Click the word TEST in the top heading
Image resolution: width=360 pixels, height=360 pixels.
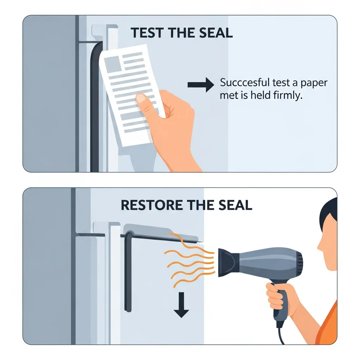pos(147,33)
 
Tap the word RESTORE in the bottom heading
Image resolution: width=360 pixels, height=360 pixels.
pos(152,205)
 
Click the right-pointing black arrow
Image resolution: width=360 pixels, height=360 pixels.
pos(201,85)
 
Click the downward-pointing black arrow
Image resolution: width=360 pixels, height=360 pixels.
pos(181,305)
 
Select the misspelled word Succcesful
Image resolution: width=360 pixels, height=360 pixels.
pos(245,83)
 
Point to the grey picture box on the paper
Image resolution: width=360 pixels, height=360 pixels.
pos(113,64)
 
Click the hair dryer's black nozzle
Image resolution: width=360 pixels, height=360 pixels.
pos(228,262)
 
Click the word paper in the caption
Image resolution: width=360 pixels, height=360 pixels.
pos(314,83)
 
